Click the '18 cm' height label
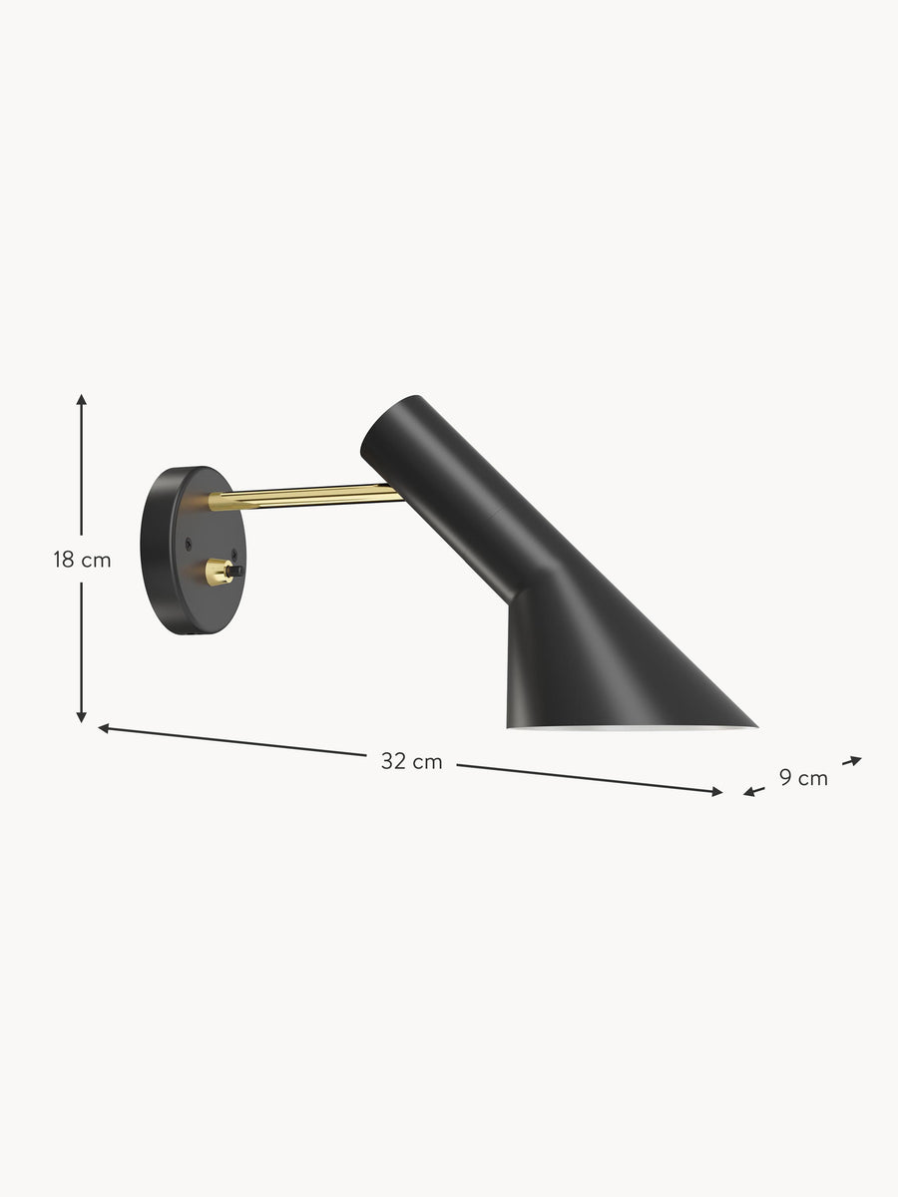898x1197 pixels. [82, 560]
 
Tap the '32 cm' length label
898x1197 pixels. [412, 761]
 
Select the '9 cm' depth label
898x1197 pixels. [803, 778]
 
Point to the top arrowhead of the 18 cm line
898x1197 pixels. [81, 399]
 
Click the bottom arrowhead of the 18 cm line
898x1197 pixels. [81, 717]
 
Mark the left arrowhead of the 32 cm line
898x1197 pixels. [104, 728]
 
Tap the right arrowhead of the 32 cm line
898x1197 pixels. [717, 792]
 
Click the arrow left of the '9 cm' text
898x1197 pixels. [754, 791]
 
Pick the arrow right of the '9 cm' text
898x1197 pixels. [852, 761]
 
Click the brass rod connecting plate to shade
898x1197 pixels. [305, 497]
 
